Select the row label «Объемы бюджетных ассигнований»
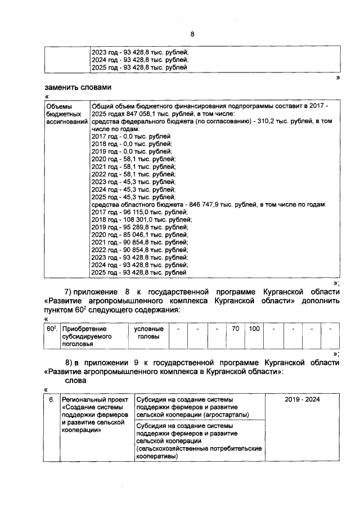pos(66,114)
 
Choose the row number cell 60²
pos(51,328)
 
